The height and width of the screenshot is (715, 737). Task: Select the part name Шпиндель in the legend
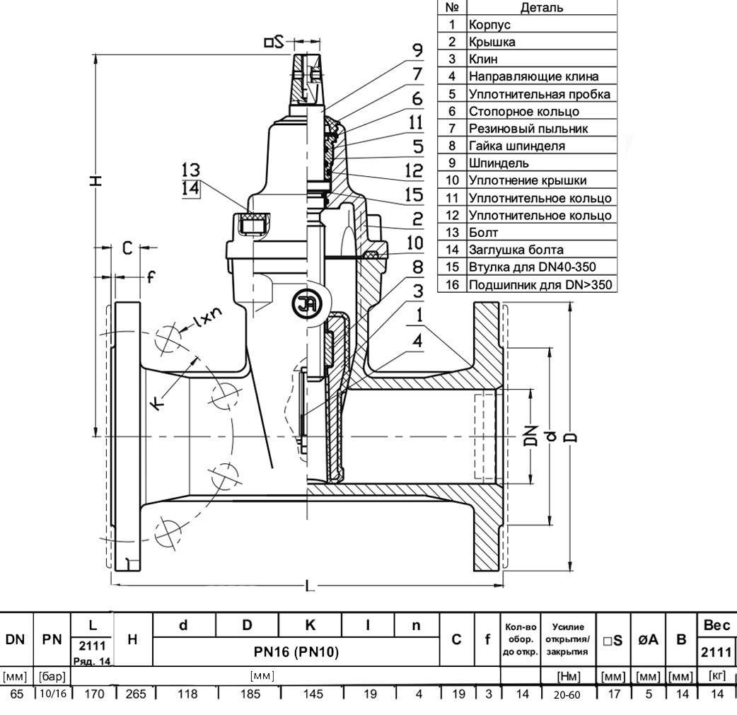pos(498,163)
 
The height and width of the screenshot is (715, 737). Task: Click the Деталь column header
pos(542,8)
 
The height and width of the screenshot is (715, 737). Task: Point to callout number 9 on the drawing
pos(417,50)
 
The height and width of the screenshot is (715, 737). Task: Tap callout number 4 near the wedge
pos(418,340)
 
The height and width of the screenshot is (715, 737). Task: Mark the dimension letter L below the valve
pos(308,586)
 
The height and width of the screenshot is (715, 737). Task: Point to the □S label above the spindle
pos(274,42)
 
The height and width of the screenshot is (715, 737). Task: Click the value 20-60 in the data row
pos(567,695)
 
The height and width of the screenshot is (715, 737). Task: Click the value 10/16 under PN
pos(53,694)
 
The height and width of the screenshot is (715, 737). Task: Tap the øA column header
pos(649,641)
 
